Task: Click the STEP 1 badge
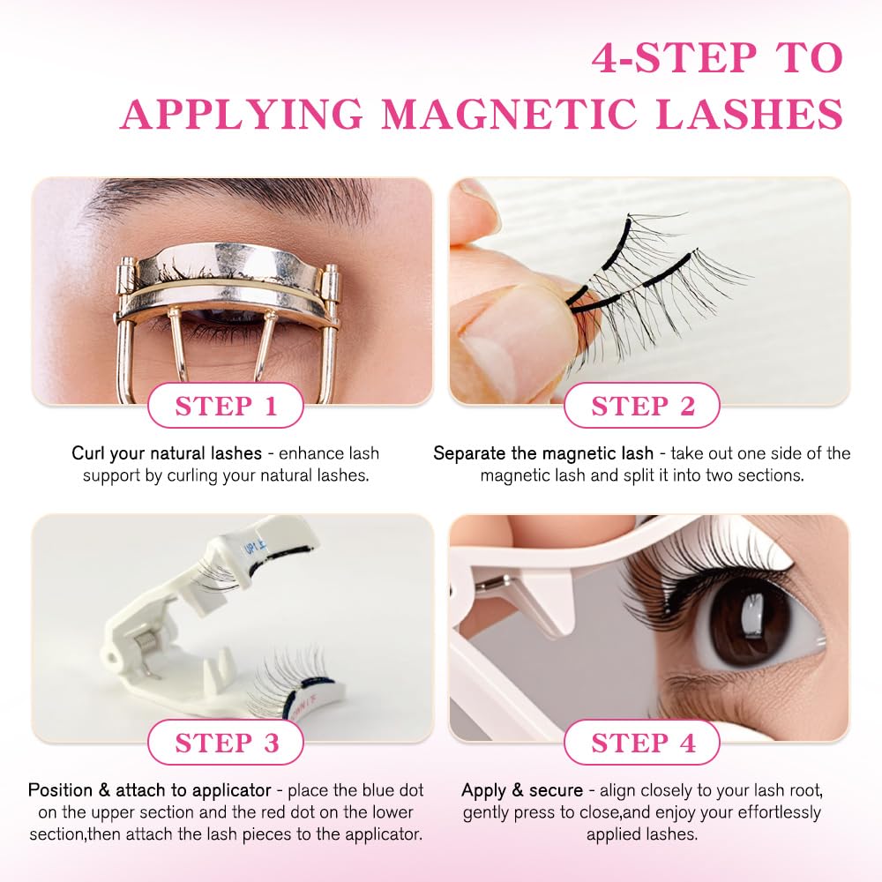tap(226, 406)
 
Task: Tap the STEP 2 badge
tap(642, 406)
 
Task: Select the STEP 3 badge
tap(226, 743)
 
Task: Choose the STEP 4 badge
tap(642, 743)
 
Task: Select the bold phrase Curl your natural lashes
tap(167, 453)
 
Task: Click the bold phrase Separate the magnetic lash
tap(543, 453)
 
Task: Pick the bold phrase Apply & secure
tap(522, 790)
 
